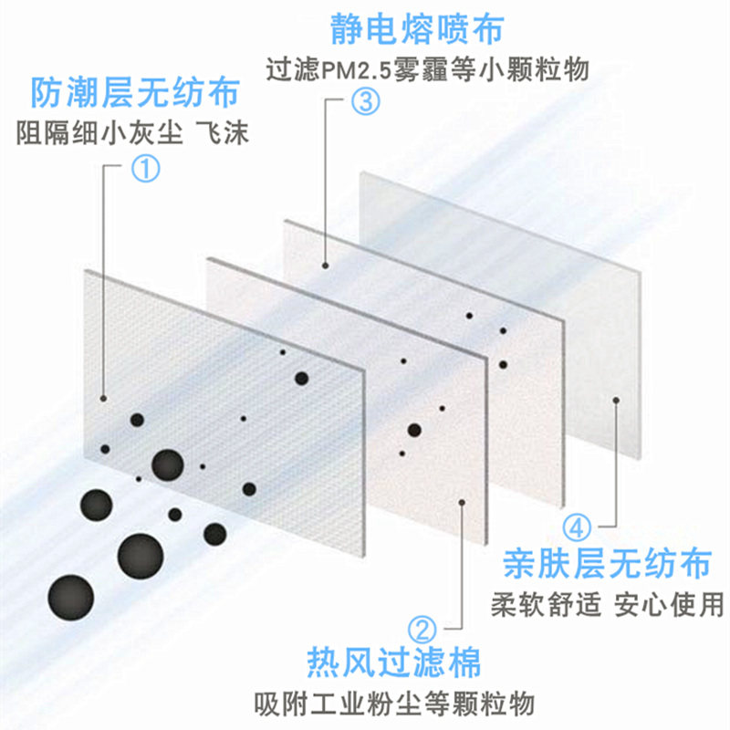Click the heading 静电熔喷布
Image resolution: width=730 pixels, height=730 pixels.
tap(424, 30)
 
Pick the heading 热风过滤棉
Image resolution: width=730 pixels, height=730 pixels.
tap(393, 662)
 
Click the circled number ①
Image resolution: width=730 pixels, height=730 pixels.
tap(146, 166)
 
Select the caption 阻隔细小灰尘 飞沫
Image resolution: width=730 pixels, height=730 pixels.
tap(133, 133)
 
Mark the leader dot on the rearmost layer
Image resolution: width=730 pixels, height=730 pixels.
tap(618, 400)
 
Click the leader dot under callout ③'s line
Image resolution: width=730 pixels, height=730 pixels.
tap(326, 266)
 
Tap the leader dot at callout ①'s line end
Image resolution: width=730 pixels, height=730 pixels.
tap(104, 399)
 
